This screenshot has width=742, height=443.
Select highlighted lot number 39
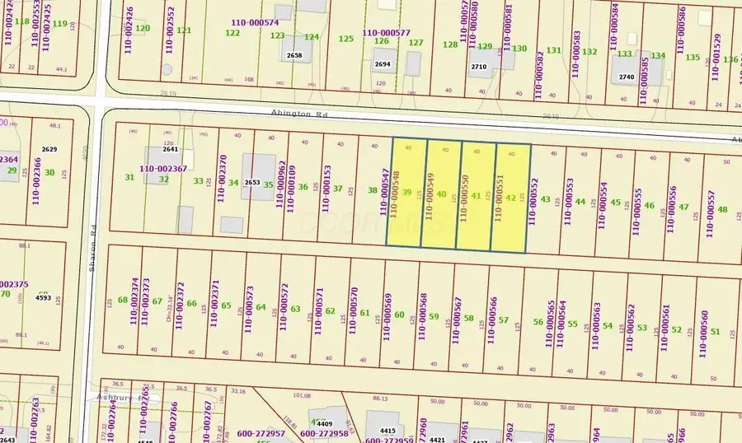[406, 192]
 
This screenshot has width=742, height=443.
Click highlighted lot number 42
[511, 198]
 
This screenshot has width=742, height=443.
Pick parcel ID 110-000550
[465, 196]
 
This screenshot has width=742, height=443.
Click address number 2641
[171, 150]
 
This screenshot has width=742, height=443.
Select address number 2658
[294, 56]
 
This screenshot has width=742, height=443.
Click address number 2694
[383, 63]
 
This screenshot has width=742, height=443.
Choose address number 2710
[479, 67]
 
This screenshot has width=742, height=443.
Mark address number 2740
[627, 77]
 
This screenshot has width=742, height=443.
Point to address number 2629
[49, 149]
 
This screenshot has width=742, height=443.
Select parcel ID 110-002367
[163, 168]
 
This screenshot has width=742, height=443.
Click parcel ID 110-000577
[378, 32]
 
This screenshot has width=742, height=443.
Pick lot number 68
[123, 300]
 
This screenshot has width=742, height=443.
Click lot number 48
[722, 209]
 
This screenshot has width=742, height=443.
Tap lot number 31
[129, 177]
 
